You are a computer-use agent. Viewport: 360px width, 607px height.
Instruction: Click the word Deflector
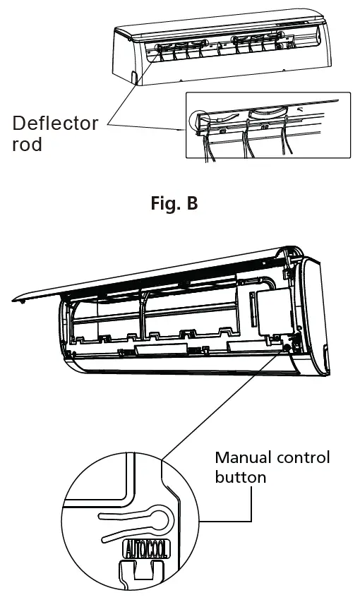(55, 124)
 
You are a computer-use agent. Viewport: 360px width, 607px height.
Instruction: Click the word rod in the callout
(28, 145)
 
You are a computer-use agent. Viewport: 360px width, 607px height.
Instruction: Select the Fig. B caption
(174, 204)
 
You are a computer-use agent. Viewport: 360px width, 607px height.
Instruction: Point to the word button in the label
(240, 477)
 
